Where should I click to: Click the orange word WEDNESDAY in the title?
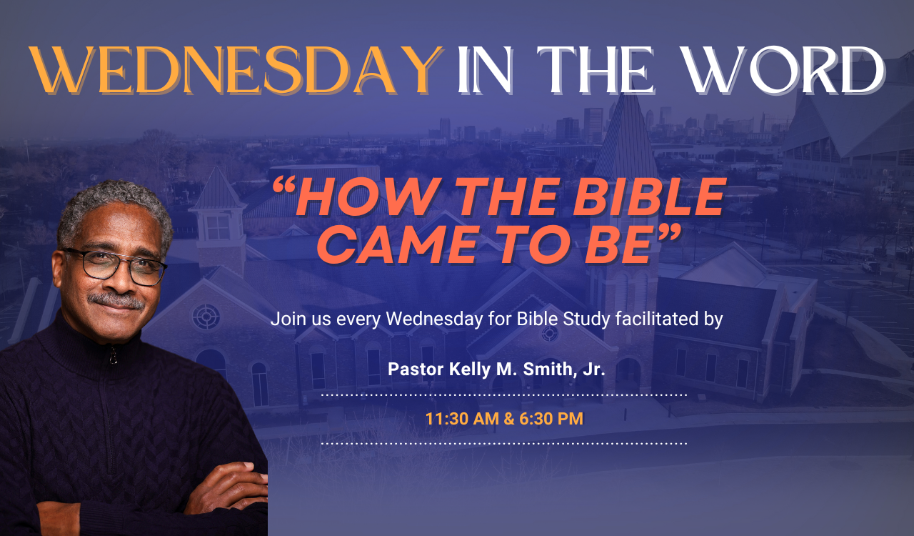click(x=236, y=70)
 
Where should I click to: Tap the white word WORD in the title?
click(x=784, y=70)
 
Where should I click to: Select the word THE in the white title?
click(x=596, y=70)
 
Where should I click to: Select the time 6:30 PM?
click(x=551, y=419)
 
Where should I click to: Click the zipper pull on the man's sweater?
click(x=114, y=355)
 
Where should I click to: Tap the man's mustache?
click(x=116, y=301)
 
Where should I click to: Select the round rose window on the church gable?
click(x=206, y=317)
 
